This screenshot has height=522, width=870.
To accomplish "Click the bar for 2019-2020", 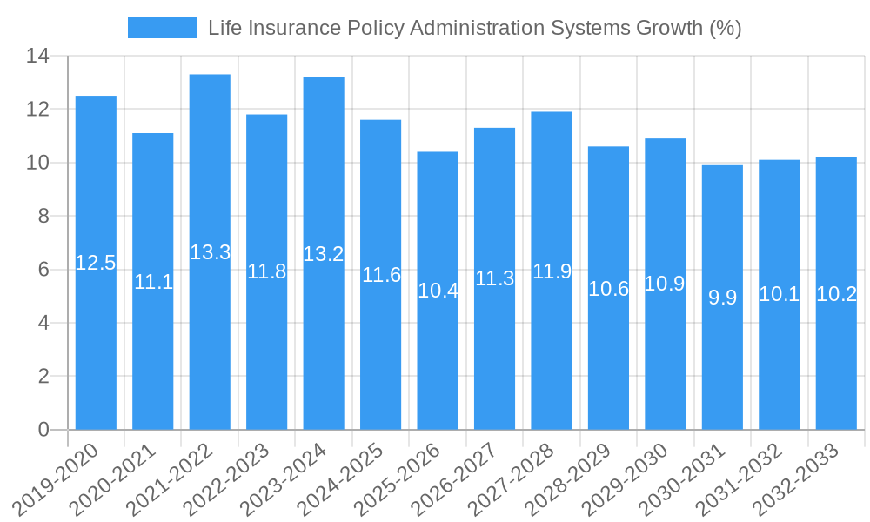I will (96, 348).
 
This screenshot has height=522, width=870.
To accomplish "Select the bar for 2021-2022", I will (210, 348).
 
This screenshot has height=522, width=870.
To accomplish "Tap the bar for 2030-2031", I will (722, 365).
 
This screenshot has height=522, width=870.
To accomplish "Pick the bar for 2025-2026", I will (438, 365).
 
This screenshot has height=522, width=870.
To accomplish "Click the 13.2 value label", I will (324, 254).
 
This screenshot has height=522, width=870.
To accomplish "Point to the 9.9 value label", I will (722, 298).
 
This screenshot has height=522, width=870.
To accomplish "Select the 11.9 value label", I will (552, 271).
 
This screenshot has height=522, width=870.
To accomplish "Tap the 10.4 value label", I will (438, 291).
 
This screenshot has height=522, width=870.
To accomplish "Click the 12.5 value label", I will (96, 263).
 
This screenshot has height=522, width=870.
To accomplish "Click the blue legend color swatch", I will (163, 28).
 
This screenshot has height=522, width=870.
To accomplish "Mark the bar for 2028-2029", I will (608, 365).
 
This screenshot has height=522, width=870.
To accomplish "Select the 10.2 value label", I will (836, 294).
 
